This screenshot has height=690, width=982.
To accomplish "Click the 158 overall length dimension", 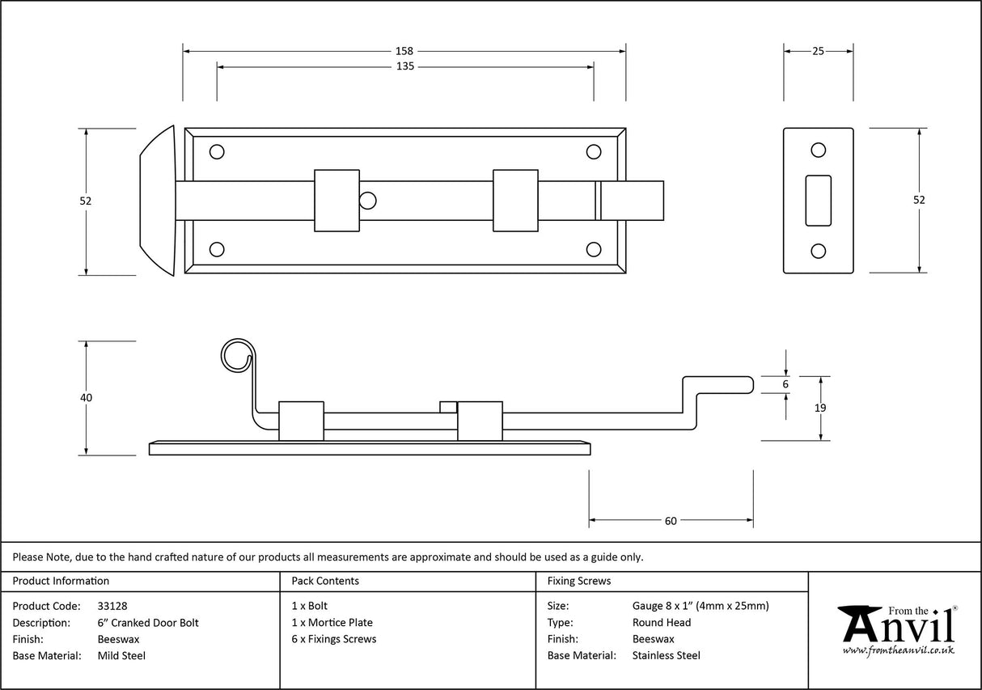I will tap(404, 51).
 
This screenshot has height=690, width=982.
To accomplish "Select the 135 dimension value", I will tap(404, 66).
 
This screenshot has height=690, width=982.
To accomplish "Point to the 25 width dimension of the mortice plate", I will tap(818, 51).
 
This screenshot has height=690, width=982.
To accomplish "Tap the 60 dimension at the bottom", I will tap(671, 521).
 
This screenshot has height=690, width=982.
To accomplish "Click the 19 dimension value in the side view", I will tap(820, 408).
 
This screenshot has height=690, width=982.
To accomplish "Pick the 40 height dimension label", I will tap(87, 398).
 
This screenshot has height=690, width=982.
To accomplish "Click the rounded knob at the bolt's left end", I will tap(158, 201).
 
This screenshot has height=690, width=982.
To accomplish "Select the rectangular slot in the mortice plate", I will tap(818, 200).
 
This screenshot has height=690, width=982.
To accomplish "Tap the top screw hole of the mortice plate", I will tap(818, 150).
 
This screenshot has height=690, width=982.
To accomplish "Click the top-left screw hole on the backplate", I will tap(217, 151).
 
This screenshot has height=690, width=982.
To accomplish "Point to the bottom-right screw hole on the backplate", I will tap(594, 249).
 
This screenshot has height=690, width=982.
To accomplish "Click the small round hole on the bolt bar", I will tap(368, 200).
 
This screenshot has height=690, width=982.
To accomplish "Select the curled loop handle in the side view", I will tap(235, 355).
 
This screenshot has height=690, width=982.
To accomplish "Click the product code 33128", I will tap(112, 606).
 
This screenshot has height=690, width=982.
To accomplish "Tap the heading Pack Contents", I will tap(325, 581).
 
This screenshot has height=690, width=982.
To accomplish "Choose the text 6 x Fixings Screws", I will tap(334, 639).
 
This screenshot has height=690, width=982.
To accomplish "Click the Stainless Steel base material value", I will tap(666, 656).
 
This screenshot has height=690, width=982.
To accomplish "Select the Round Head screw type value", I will tap(661, 623).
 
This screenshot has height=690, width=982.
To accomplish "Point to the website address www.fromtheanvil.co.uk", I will tap(898, 650).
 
